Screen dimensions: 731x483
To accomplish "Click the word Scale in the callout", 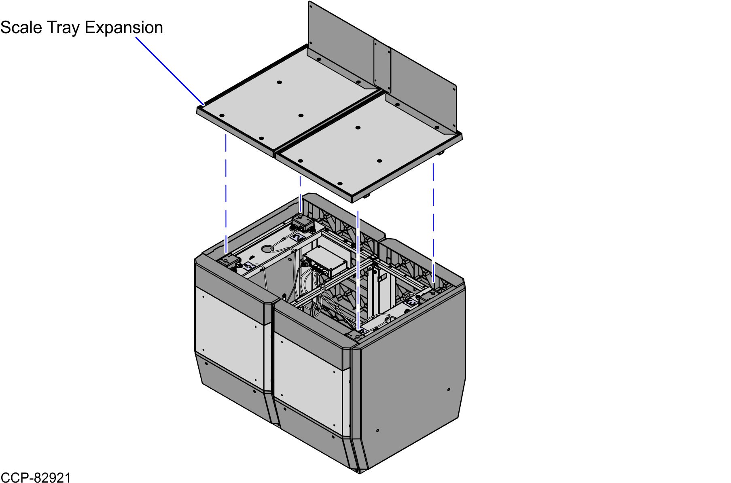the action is pyautogui.click(x=21, y=28).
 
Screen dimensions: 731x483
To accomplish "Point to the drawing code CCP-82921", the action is pyautogui.click(x=36, y=477).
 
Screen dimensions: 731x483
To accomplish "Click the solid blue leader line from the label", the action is pyautogui.click(x=170, y=71).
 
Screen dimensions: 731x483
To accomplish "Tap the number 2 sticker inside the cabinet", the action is pyautogui.click(x=298, y=237).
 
